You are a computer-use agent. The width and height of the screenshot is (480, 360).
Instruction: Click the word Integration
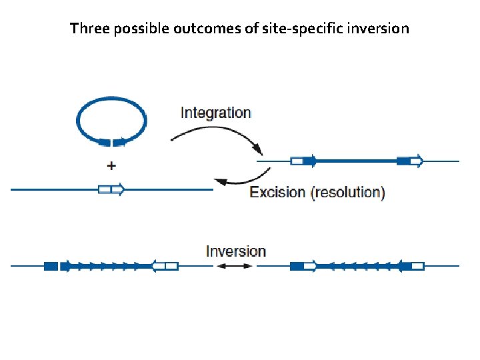[215, 113]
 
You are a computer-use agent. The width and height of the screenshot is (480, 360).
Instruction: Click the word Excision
[277, 193]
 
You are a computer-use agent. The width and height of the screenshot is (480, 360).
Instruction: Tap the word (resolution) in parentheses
[347, 193]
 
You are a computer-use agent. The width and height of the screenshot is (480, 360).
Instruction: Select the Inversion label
[236, 251]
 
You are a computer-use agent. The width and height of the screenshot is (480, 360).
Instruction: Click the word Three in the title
[87, 29]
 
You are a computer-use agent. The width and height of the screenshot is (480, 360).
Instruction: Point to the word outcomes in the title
[197, 29]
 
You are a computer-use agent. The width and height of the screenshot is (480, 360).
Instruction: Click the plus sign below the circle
[111, 165]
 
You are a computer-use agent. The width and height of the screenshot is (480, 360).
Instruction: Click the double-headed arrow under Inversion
[236, 265]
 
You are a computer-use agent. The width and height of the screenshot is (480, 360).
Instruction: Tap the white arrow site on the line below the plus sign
[111, 189]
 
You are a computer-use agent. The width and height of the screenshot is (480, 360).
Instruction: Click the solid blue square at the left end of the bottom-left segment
[51, 266]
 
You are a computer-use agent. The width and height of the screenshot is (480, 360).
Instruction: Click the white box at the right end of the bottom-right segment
[417, 266]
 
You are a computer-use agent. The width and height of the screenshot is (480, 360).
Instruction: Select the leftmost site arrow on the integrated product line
[303, 161]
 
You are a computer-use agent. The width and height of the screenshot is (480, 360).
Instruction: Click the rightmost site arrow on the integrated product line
[409, 161]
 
